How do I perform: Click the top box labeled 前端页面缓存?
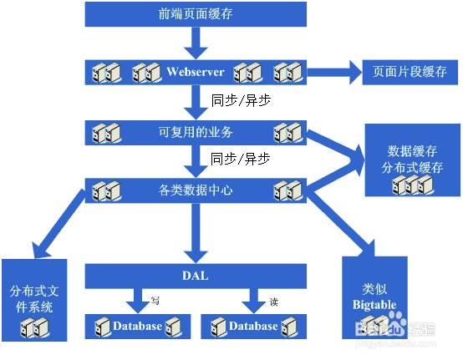click(x=196, y=13)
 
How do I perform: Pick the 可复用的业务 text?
click(x=196, y=131)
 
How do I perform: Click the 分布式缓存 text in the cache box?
click(x=412, y=168)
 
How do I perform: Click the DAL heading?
click(x=196, y=276)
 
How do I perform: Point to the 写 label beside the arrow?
click(x=155, y=301)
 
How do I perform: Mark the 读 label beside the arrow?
click(x=273, y=301)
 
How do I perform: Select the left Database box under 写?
click(x=137, y=326)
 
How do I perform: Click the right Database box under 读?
click(x=254, y=326)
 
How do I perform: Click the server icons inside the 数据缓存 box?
click(x=411, y=185)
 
